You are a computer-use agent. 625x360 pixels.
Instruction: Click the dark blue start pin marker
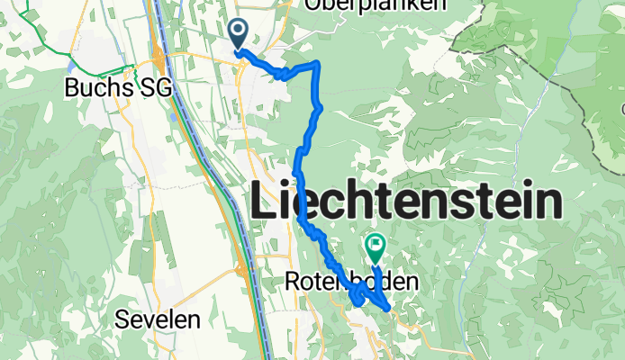click(239, 33)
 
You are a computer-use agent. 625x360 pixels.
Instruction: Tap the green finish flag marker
click(375, 243)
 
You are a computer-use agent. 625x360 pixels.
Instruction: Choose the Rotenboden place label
click(351, 282)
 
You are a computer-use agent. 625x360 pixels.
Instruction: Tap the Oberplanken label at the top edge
click(376, 4)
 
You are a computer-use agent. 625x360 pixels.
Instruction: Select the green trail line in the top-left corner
click(36, 36)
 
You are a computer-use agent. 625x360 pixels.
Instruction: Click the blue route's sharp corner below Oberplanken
click(318, 63)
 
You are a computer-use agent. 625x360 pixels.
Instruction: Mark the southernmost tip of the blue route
click(388, 309)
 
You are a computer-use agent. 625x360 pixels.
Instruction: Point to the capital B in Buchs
click(72, 87)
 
